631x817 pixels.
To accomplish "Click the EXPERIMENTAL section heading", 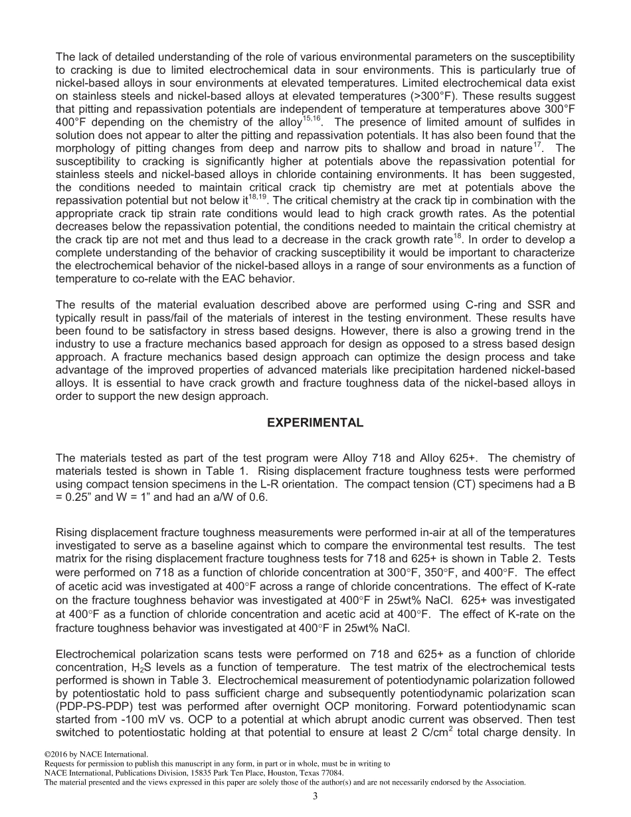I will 315,422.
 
